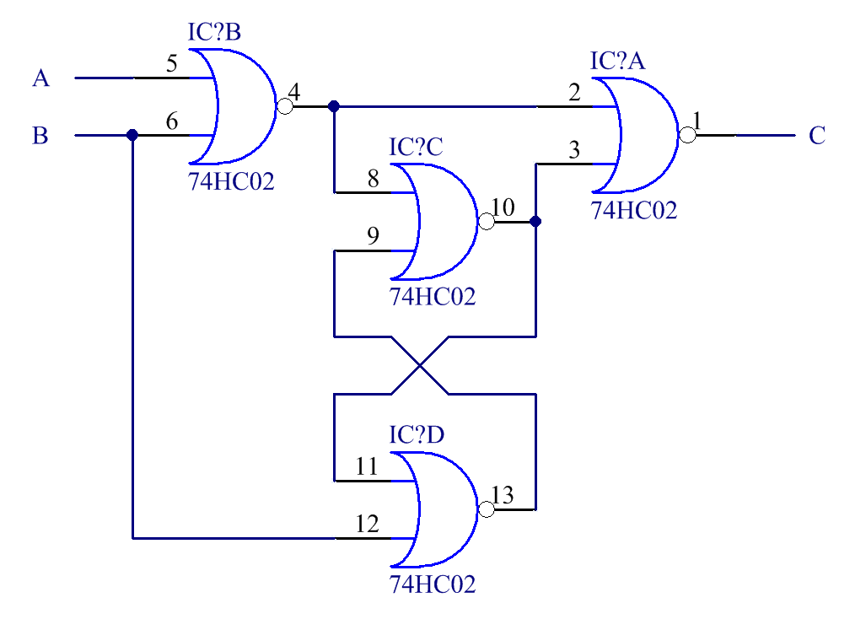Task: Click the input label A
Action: (40, 78)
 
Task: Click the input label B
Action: (40, 135)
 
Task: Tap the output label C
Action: (816, 135)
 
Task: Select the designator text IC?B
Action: (214, 33)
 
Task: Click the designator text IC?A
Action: (617, 62)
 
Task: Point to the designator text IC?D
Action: (417, 435)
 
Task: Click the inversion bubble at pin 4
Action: (285, 106)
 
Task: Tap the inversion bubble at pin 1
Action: (687, 135)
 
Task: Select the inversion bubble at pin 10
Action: (486, 222)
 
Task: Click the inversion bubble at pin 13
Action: (486, 509)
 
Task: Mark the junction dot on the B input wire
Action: (132, 135)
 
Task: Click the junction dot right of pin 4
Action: (334, 106)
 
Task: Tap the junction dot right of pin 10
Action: (535, 222)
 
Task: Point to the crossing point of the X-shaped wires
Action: (419, 365)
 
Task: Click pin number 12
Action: (368, 524)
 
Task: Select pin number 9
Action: (373, 236)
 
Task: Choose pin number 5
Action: (172, 64)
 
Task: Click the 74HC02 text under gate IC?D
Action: (433, 584)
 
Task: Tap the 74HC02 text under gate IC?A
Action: (634, 210)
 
